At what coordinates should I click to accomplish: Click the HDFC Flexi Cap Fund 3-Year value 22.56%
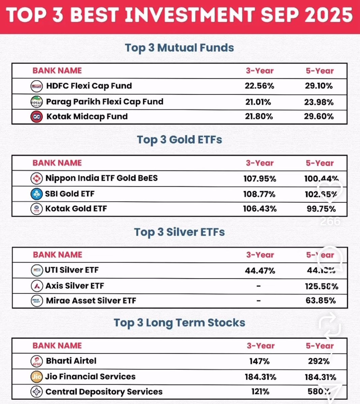[259, 86]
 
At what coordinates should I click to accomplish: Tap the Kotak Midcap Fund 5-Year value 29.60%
[319, 116]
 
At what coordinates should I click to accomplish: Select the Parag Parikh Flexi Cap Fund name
[104, 102]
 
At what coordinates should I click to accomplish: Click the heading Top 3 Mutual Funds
[179, 48]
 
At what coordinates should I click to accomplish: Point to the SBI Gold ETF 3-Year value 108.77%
[259, 194]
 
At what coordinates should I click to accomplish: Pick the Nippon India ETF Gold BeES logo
[36, 178]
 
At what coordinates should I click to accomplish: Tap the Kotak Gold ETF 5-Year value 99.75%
[321, 209]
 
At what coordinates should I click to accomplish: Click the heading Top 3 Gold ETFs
[179, 140]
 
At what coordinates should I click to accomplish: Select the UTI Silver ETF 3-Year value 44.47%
[260, 271]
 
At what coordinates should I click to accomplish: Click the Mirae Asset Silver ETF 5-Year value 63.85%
[321, 301]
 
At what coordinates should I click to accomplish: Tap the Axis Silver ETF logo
[37, 286]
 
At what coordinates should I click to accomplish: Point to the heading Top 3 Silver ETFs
[179, 232]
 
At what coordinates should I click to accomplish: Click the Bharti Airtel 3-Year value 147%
[259, 362]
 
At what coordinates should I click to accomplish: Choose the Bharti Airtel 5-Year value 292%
[319, 362]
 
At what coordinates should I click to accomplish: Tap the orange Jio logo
[36, 377]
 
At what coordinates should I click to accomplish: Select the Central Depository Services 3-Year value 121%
[260, 392]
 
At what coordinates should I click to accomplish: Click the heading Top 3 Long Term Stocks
[179, 323]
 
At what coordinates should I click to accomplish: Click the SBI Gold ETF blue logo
[36, 194]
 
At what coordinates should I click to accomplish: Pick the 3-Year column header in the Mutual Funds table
[260, 71]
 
